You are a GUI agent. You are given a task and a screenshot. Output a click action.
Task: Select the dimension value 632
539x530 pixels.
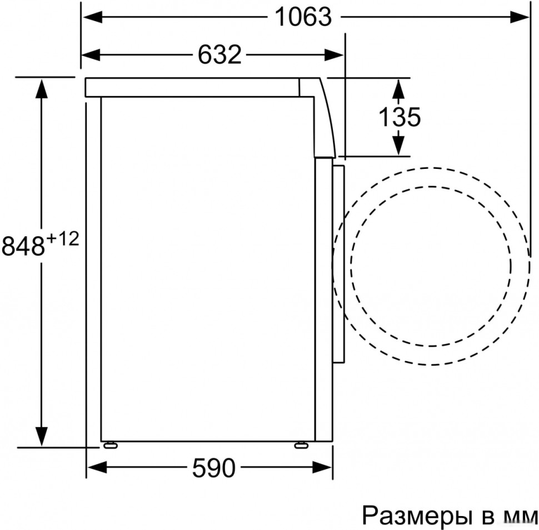[219, 54]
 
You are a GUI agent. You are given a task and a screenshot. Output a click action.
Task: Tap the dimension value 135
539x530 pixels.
[399, 117]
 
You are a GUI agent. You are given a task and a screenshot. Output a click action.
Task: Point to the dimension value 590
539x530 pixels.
[214, 469]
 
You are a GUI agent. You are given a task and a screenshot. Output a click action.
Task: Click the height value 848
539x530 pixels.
[23, 246]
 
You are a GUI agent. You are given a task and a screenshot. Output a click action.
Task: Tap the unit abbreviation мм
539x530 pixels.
[520, 517]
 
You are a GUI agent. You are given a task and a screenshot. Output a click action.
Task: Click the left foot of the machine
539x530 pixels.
[109, 444]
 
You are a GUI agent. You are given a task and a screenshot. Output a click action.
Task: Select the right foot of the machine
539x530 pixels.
[302, 444]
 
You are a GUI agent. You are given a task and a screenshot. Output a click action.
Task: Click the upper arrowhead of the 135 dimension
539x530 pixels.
[398, 87]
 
